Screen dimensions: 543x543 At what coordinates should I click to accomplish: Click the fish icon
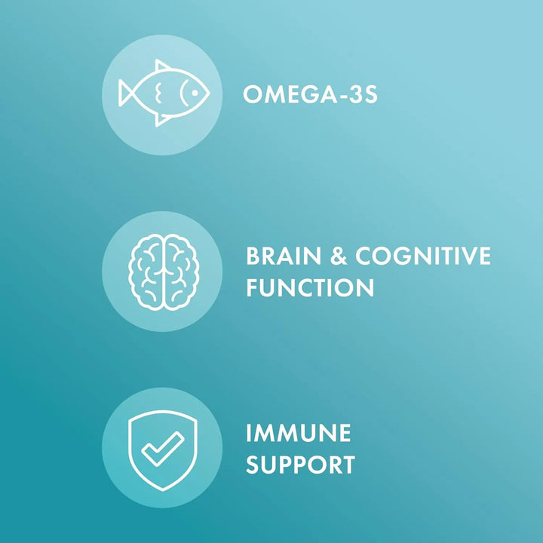pyautogui.click(x=162, y=94)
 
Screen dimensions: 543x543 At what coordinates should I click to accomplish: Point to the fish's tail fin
pyautogui.click(x=128, y=94)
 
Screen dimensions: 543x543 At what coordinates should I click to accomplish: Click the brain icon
pyautogui.click(x=162, y=271)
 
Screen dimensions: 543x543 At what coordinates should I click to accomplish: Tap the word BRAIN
pyautogui.click(x=284, y=257)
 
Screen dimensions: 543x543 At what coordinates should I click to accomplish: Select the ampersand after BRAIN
pyautogui.click(x=337, y=257)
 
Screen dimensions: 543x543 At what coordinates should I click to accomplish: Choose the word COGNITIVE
pyautogui.click(x=422, y=257)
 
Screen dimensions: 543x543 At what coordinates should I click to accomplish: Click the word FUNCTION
pyautogui.click(x=309, y=287)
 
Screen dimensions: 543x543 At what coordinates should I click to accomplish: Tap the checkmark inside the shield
pyautogui.click(x=162, y=448)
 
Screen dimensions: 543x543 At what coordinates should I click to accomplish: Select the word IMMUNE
pyautogui.click(x=299, y=434)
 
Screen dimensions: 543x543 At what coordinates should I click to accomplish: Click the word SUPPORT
pyautogui.click(x=300, y=464)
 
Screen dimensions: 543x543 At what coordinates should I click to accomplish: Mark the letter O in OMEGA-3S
pyautogui.click(x=253, y=94)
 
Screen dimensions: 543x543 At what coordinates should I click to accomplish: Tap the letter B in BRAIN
pyautogui.click(x=253, y=257)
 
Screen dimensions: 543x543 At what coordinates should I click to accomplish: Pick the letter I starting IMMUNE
pyautogui.click(x=249, y=434)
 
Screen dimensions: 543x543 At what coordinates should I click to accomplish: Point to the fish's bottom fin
pyautogui.click(x=162, y=118)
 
